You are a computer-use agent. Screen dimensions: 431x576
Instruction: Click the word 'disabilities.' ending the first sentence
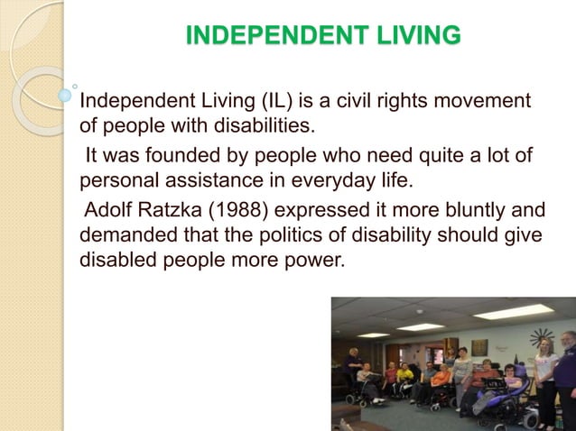coord(261,124)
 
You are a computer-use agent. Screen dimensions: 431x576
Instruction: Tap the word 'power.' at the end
coord(321,259)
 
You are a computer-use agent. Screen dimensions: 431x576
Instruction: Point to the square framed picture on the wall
coord(478,347)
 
